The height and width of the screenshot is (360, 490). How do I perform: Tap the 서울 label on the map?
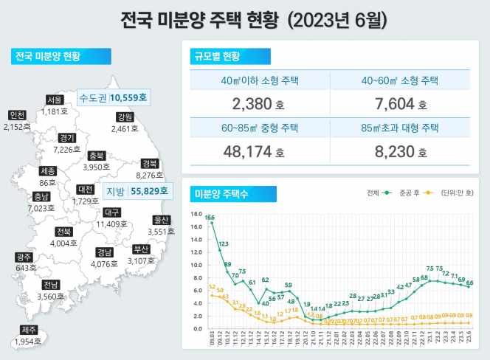(x=54, y=100)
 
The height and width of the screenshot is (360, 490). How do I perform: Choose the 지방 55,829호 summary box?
(x=137, y=191)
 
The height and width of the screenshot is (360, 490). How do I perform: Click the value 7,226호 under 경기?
(x=68, y=149)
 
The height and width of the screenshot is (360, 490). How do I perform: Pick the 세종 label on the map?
(x=47, y=170)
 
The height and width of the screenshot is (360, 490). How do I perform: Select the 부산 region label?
(x=142, y=249)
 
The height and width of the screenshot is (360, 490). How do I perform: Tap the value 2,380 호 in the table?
(x=252, y=103)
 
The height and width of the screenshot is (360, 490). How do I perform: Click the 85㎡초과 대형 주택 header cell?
(x=398, y=128)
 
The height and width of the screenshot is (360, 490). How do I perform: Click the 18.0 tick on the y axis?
(x=196, y=215)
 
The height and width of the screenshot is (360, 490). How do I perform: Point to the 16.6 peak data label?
(x=210, y=218)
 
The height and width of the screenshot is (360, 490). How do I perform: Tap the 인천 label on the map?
(x=18, y=115)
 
